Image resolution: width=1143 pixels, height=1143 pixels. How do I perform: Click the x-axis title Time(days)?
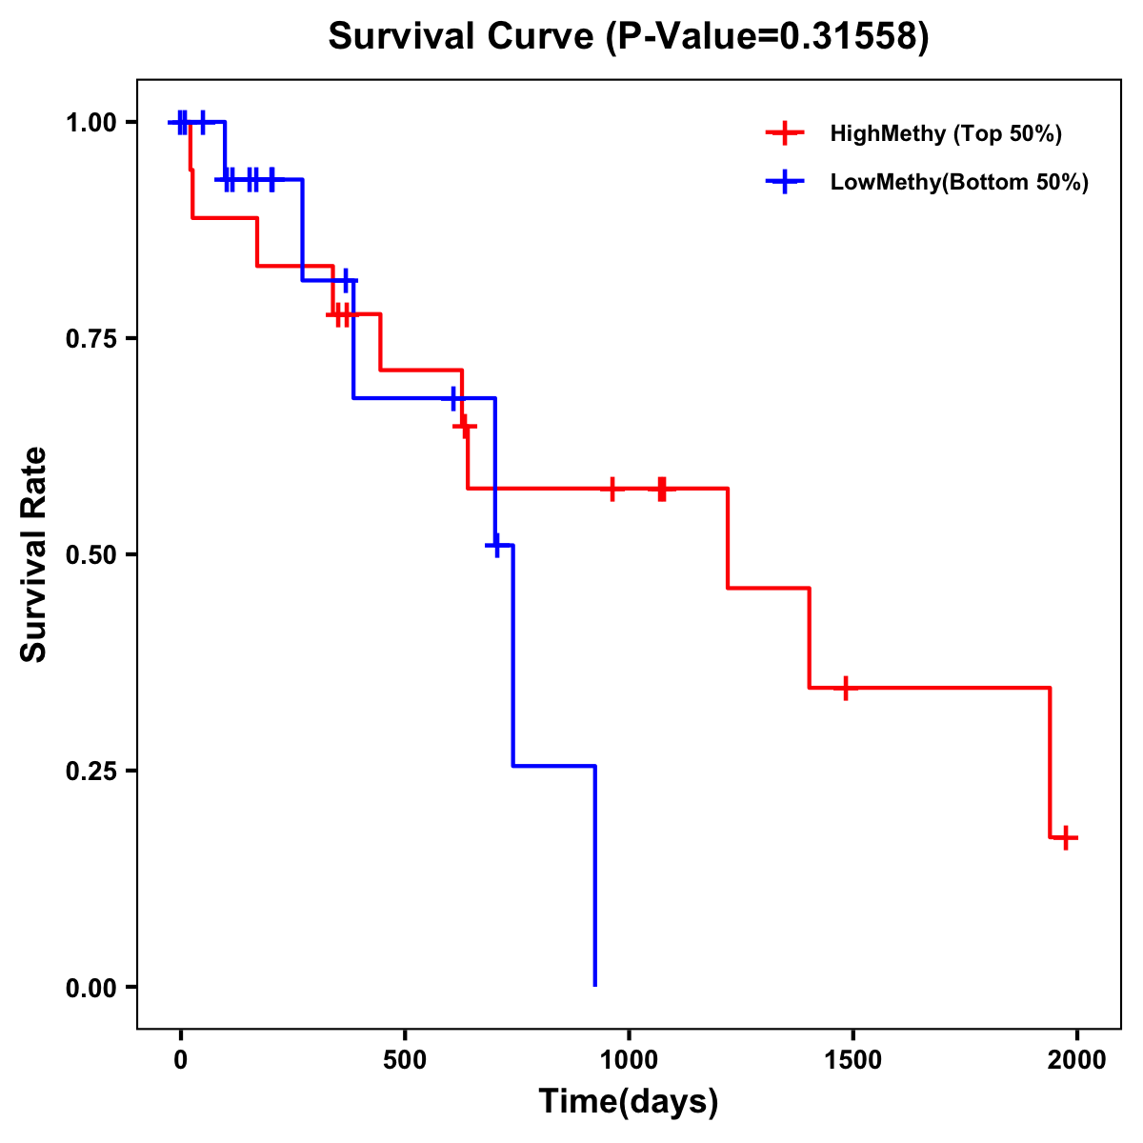[x=629, y=1101]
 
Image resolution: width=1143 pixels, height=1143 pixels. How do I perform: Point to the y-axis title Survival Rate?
[x=34, y=554]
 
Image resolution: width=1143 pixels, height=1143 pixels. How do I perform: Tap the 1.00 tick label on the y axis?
[x=90, y=123]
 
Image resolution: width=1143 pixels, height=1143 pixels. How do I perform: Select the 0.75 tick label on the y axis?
[x=90, y=339]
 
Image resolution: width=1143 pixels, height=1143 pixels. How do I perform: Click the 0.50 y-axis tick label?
[x=90, y=555]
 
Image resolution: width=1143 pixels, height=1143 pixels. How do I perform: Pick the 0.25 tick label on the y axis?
[x=90, y=772]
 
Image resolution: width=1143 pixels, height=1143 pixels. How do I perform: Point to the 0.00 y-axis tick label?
[x=90, y=988]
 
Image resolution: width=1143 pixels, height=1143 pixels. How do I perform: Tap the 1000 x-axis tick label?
[x=629, y=1060]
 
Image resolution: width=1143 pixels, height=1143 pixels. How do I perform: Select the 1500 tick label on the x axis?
[x=852, y=1060]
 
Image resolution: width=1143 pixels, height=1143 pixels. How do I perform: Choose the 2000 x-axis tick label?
[x=1076, y=1060]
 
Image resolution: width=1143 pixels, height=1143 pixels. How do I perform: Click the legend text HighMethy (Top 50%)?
[x=946, y=133]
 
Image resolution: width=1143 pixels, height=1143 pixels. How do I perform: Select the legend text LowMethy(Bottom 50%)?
[x=959, y=182]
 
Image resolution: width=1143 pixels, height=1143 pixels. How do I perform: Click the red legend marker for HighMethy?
[x=785, y=133]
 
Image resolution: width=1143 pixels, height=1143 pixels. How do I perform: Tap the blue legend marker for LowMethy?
[x=785, y=182]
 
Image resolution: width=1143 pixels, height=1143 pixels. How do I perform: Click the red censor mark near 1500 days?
[x=844, y=688]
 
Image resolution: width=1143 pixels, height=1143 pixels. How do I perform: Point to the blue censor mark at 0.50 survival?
[x=495, y=545]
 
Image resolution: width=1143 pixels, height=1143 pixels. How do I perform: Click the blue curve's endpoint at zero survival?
[x=595, y=985]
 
